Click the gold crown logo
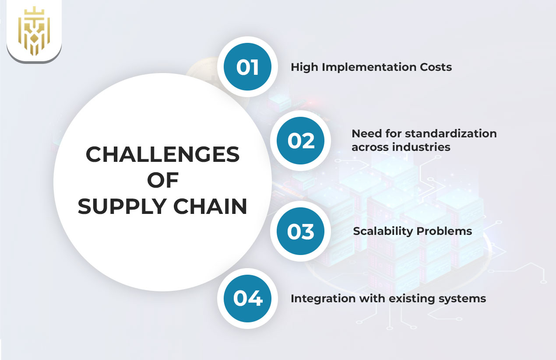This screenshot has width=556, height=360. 34,31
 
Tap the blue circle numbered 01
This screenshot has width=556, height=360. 247,66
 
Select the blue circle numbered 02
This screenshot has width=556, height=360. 301,140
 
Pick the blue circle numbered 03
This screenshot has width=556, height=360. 301,231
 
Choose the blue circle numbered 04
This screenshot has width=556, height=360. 247,298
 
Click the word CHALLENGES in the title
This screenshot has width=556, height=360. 162,154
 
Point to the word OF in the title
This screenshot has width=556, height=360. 163,180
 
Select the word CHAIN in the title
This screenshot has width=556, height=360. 210,206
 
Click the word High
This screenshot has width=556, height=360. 305,67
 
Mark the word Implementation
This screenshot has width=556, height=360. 369,67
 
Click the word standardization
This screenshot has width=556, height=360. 451,133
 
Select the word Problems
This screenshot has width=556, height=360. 444,231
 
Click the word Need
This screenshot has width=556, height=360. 366,134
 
